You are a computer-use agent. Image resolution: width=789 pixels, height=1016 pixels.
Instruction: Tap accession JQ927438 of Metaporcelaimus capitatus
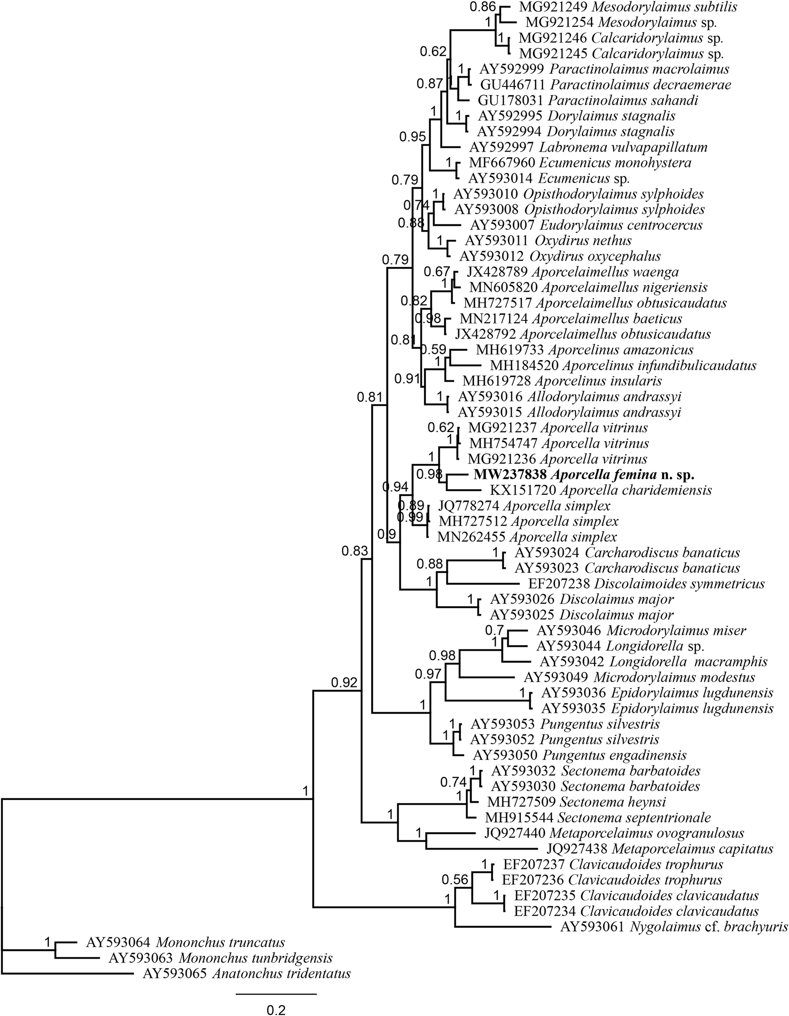(x=577, y=849)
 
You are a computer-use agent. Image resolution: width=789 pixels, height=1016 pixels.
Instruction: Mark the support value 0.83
(x=355, y=551)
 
